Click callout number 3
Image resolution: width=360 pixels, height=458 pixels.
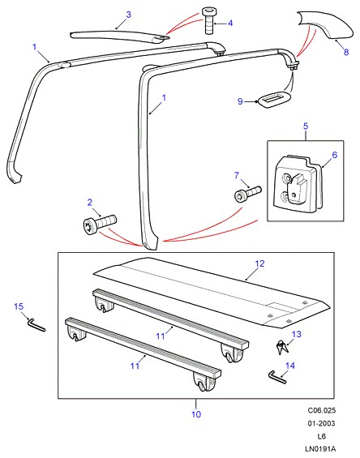tap(128, 15)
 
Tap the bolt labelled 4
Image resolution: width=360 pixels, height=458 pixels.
tap(208, 21)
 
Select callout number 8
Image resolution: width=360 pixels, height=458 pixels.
tap(346, 52)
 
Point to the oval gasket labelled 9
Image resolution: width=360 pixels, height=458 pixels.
tap(275, 100)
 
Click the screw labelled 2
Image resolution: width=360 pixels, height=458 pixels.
tap(100, 225)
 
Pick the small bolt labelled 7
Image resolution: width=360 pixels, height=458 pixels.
tap(247, 193)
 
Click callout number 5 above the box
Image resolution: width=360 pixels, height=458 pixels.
tap(306, 126)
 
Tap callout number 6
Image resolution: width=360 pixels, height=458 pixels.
tap(335, 155)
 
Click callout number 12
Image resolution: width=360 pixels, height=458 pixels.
tap(259, 263)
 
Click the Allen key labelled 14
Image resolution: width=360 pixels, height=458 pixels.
tap(276, 376)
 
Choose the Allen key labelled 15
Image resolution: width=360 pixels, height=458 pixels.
tap(36, 324)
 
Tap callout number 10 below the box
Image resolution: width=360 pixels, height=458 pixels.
tap(196, 414)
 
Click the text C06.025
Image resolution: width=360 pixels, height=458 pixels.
tap(321, 410)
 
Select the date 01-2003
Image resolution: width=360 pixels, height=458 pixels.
tap(321, 423)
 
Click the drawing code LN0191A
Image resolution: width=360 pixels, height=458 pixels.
tap(320, 449)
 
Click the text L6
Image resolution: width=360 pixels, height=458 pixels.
tap(321, 436)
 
